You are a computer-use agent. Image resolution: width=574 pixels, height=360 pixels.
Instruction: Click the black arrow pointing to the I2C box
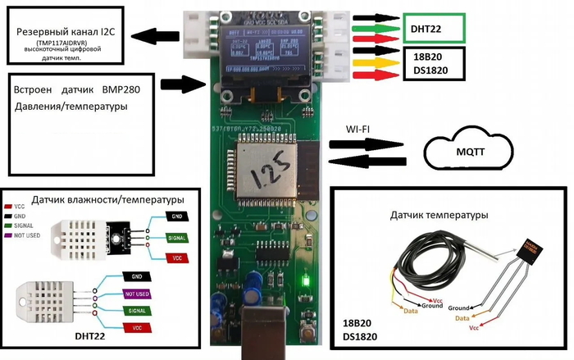(x=157, y=35)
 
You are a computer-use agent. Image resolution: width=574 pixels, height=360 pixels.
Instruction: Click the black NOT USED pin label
(x=136, y=292)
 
